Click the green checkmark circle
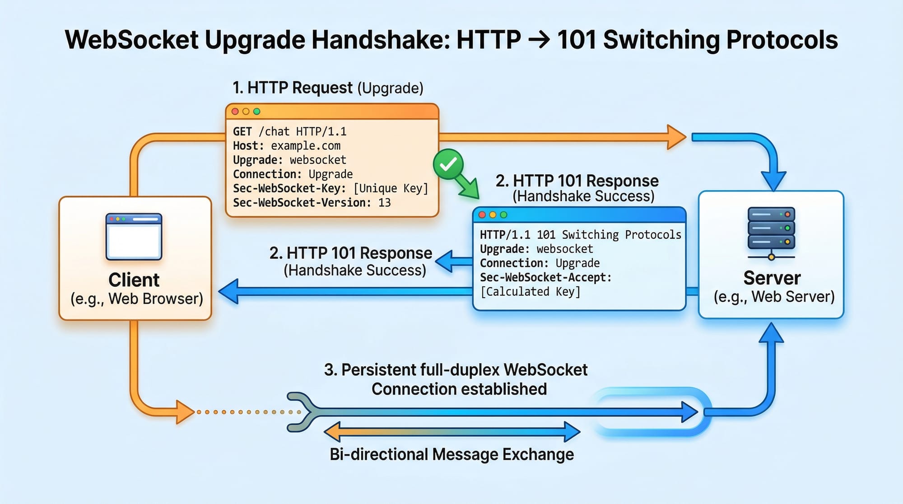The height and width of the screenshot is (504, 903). (448, 165)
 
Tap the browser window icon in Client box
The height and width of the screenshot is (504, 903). (134, 237)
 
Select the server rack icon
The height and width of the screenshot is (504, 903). (771, 232)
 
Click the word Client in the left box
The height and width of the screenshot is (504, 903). (134, 280)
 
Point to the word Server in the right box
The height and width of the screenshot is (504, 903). (772, 278)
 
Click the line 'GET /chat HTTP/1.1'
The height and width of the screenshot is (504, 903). (289, 131)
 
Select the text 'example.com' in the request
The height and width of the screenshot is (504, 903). (306, 146)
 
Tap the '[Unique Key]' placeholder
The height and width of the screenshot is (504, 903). (391, 188)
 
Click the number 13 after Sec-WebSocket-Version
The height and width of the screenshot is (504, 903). (384, 203)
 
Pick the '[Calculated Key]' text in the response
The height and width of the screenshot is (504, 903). (530, 292)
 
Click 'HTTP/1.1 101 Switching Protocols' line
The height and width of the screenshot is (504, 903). (580, 235)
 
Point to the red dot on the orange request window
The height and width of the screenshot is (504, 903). (235, 112)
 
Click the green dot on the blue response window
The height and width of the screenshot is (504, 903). (503, 215)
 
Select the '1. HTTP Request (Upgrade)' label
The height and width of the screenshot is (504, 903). (328, 88)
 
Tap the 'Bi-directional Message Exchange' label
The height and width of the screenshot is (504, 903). (451, 454)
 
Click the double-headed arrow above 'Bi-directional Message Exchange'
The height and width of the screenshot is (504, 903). (452, 432)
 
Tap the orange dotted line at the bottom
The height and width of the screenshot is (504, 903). (248, 412)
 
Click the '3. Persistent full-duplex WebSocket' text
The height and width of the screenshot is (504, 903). (456, 370)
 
